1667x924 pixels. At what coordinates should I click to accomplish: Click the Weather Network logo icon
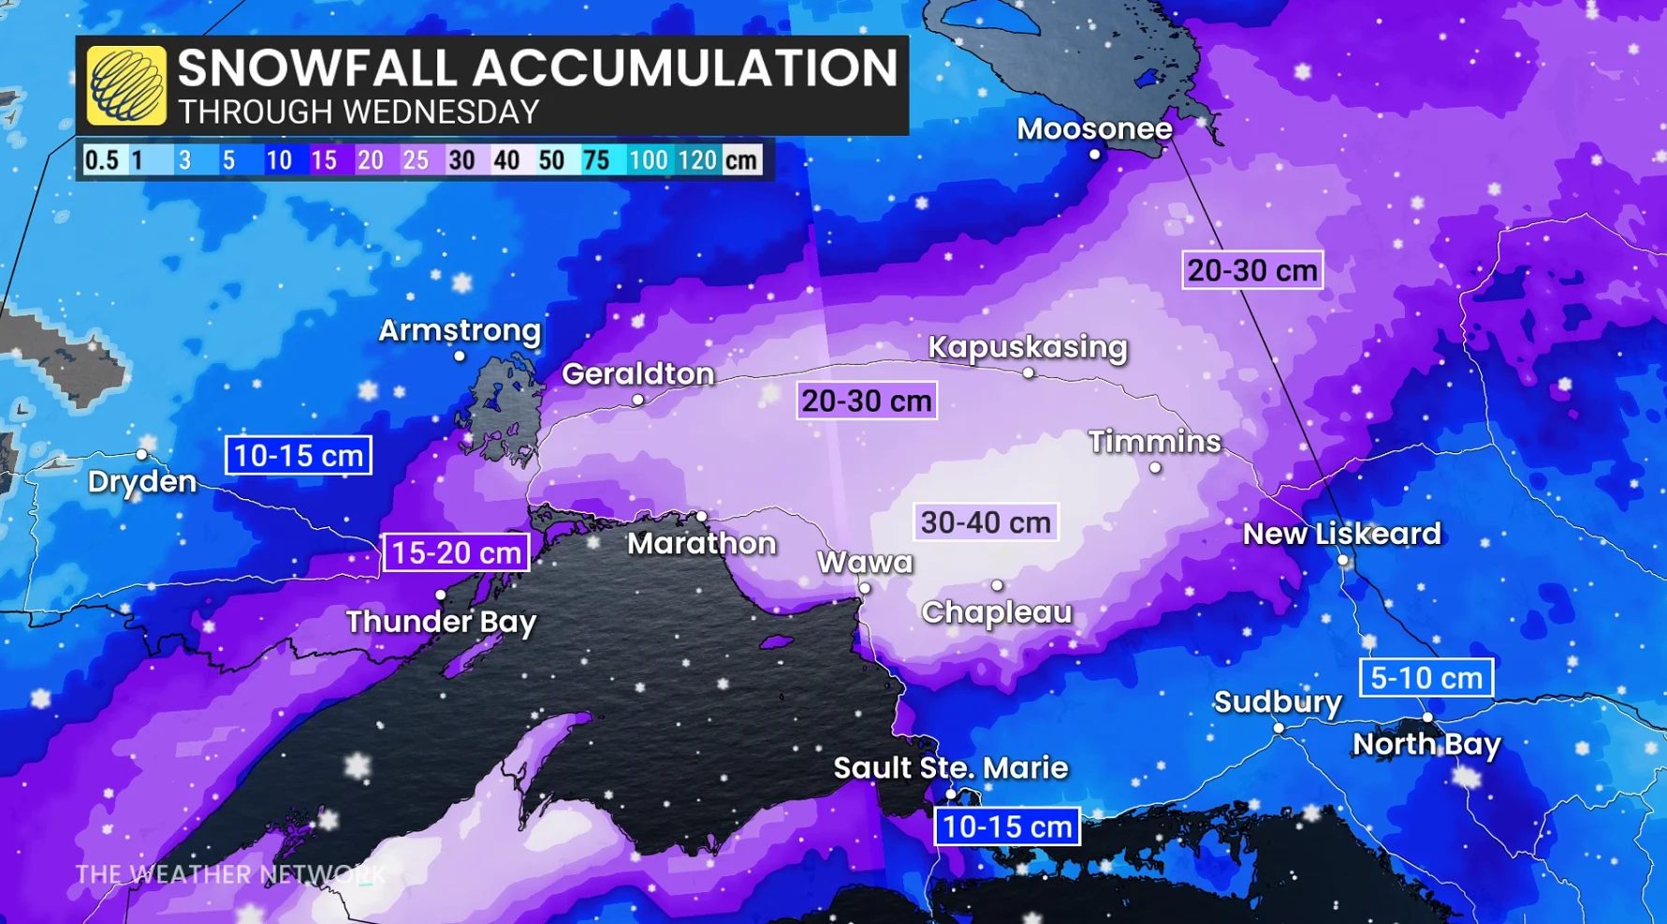coord(126,85)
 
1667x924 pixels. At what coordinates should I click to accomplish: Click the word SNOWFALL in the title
coord(317,68)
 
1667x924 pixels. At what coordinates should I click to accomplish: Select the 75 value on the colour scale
coord(596,160)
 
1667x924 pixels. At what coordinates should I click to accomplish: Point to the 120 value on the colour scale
coord(697,160)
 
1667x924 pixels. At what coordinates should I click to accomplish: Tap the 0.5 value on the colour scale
coord(101,160)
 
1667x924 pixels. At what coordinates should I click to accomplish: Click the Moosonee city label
coord(1093,129)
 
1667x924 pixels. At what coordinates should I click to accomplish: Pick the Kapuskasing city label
coord(1027,347)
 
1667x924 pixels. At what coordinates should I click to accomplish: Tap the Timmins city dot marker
coord(1155,467)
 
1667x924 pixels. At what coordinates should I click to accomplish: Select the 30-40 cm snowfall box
coord(986,522)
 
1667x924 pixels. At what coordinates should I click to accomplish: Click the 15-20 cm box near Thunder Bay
coord(456,552)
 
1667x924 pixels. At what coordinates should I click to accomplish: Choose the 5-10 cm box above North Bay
coord(1426,678)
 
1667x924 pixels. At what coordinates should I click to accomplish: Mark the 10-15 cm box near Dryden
coord(298,456)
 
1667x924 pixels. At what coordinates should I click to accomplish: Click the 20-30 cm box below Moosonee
coord(1251,271)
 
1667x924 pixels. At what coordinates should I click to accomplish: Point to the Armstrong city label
coord(460,330)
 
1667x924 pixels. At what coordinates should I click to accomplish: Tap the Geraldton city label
coord(637,374)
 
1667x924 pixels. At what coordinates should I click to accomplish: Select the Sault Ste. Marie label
coord(950,769)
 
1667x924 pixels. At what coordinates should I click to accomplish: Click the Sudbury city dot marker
coord(1279,727)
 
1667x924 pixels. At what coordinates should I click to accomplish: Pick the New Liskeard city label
coord(1341,535)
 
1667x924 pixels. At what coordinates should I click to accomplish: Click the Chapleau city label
coord(996,612)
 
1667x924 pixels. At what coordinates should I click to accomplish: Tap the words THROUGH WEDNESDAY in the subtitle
coord(358,112)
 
